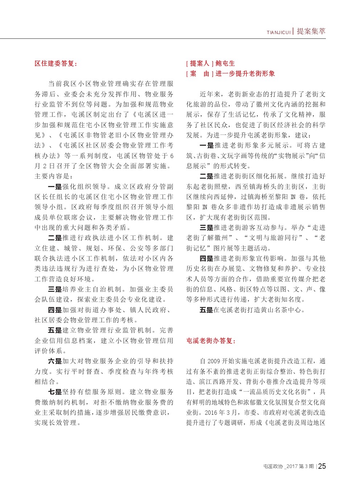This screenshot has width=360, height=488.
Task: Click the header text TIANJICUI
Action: [278, 33]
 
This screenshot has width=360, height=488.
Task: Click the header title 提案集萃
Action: [311, 31]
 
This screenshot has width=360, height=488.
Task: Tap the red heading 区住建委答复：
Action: [56, 63]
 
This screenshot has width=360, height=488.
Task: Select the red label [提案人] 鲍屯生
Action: [210, 63]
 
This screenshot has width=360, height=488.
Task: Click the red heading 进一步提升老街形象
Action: [245, 74]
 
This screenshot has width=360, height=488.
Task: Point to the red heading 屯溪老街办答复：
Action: [211, 341]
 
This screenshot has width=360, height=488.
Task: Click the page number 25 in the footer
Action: [322, 466]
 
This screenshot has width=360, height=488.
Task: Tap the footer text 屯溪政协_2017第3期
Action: [289, 467]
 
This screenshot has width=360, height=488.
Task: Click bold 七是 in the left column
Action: [55, 392]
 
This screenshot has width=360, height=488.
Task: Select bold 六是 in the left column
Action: [55, 361]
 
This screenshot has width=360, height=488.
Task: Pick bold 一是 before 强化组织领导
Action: [55, 187]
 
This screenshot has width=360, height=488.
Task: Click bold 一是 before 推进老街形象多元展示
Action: [207, 145]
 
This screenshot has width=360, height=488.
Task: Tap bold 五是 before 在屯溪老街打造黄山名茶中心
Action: [206, 310]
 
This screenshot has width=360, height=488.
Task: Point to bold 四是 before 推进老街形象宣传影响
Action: [206, 259]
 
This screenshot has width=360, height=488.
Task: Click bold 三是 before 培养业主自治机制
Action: [55, 289]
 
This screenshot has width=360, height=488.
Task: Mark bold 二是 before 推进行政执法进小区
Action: [55, 238]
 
